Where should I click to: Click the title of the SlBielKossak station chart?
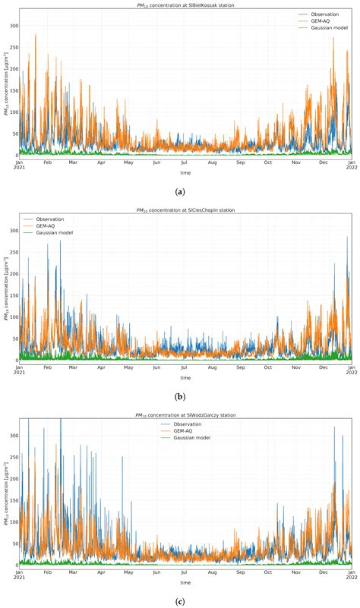(x=185, y=5)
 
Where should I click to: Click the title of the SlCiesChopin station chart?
(x=185, y=210)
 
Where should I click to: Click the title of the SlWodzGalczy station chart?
(x=185, y=414)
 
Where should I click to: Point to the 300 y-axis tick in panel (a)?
(x=13, y=25)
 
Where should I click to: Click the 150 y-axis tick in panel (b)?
(x=13, y=295)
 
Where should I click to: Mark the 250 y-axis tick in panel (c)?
(x=13, y=455)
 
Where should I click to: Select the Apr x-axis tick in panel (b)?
(x=101, y=367)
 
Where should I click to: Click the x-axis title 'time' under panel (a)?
(x=185, y=173)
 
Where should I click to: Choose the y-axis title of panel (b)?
(x=6, y=288)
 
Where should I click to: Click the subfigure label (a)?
(x=180, y=193)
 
